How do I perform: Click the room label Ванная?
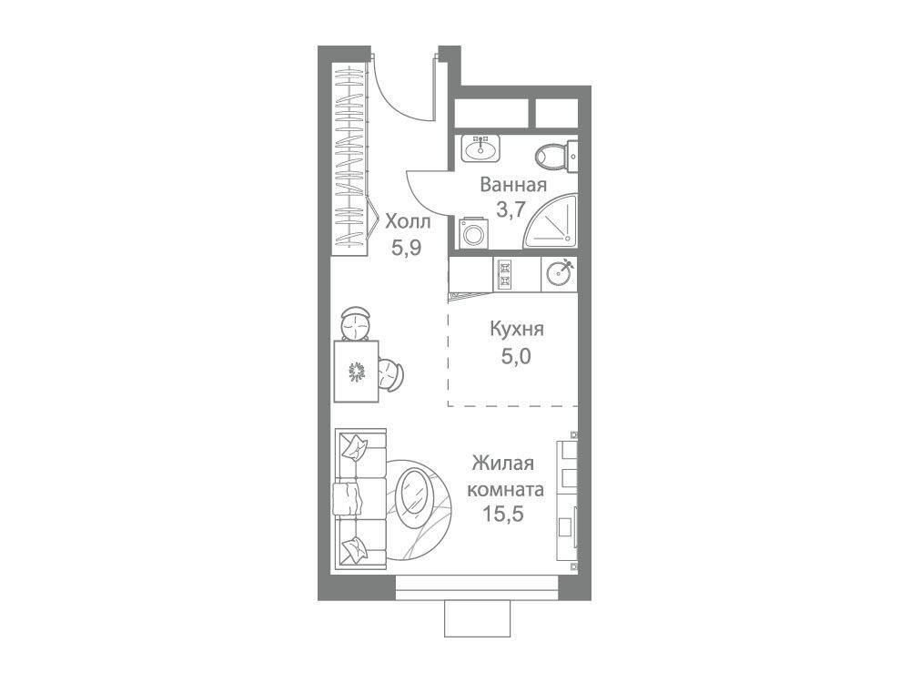pyautogui.click(x=513, y=185)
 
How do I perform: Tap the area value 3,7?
pyautogui.click(x=511, y=209)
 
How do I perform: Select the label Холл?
pyautogui.click(x=408, y=221)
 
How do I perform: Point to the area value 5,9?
pyautogui.click(x=406, y=248)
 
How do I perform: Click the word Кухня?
pyautogui.click(x=517, y=330)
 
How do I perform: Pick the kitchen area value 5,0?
pyautogui.click(x=517, y=355)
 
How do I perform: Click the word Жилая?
pyautogui.click(x=503, y=464)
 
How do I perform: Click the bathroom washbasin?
pyautogui.click(x=480, y=148)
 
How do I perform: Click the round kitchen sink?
pyautogui.click(x=560, y=273)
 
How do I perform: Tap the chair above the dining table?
pyautogui.click(x=355, y=323)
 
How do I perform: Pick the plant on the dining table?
pyautogui.click(x=356, y=372)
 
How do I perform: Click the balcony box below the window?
pyautogui.click(x=477, y=618)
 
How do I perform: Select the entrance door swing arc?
pyautogui.click(x=400, y=98)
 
